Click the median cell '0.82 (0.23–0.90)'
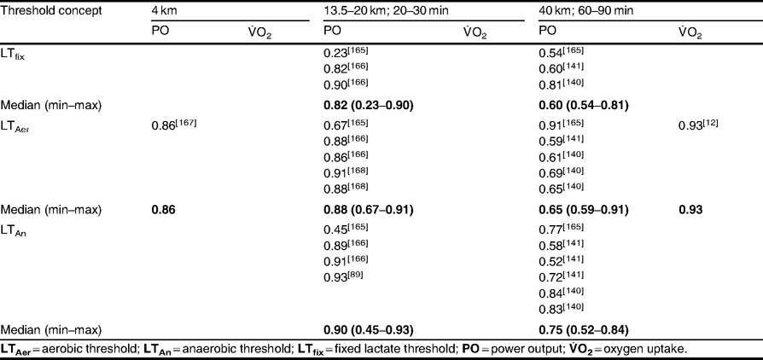[x=370, y=105]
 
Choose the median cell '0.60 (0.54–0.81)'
[x=584, y=105]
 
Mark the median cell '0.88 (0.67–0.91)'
[x=370, y=208]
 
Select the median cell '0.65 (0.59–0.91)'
[x=584, y=208]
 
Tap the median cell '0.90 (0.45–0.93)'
[x=370, y=329]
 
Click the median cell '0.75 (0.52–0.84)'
[x=584, y=329]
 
